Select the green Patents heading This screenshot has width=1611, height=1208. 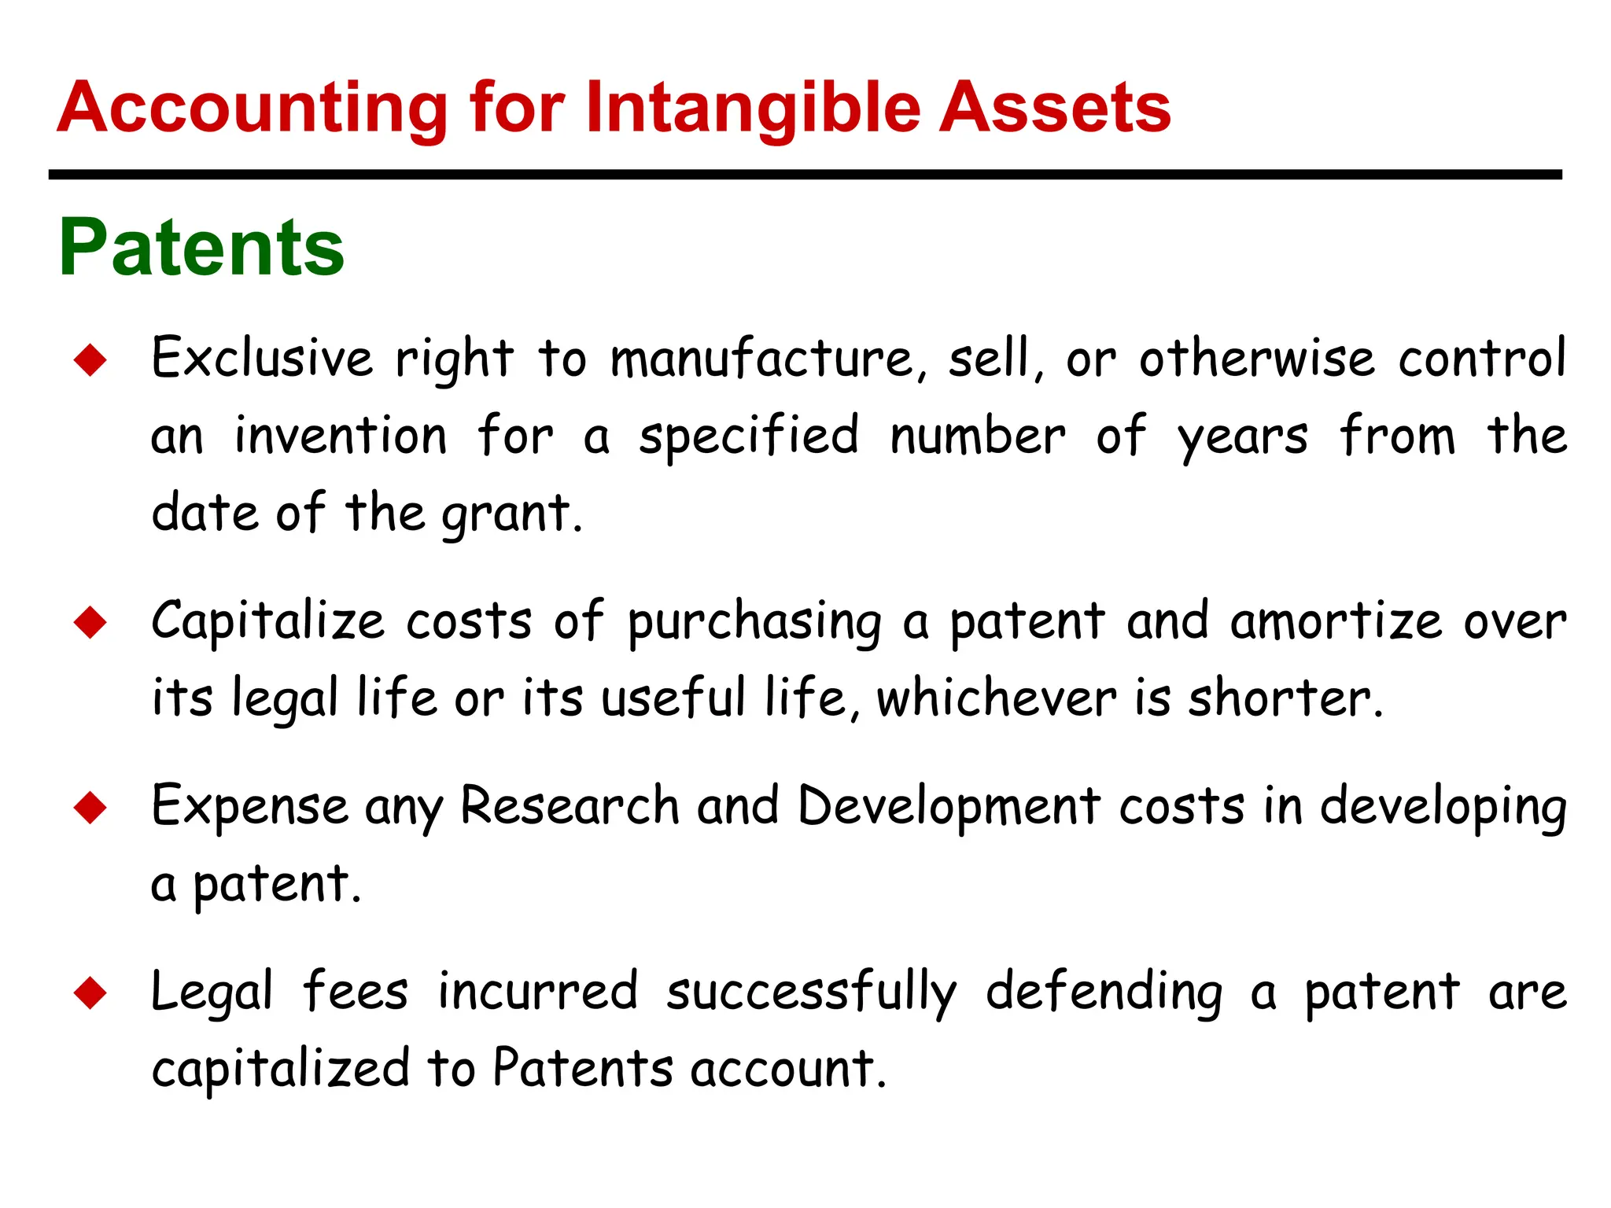[x=201, y=248]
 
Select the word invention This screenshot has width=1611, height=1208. [x=341, y=436]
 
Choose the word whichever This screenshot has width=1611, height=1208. [x=997, y=698]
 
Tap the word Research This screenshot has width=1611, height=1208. [x=570, y=806]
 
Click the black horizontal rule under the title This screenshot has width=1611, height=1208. [x=805, y=175]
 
